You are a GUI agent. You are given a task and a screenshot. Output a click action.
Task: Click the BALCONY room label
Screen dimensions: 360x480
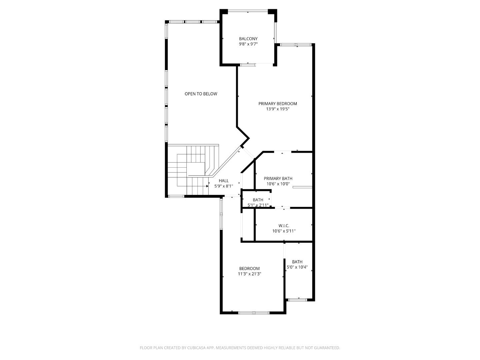click(248, 39)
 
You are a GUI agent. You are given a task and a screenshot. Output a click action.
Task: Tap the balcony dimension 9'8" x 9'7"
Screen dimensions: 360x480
click(248, 44)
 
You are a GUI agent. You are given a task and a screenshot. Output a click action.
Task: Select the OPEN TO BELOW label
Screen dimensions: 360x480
click(201, 94)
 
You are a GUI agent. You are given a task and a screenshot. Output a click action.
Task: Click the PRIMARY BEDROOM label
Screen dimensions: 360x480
click(277, 104)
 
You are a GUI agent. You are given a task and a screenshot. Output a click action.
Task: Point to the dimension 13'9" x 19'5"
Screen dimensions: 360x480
click(277, 109)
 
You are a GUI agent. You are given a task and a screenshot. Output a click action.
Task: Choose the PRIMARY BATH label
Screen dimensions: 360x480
click(278, 179)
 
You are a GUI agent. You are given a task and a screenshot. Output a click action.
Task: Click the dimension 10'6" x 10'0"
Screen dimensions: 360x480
click(278, 184)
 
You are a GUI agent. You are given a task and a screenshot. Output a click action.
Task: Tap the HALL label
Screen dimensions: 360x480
click(224, 181)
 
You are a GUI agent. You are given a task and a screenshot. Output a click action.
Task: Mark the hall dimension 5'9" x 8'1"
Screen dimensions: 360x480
click(224, 186)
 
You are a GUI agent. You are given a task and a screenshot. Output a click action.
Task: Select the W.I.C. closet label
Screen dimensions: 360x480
click(284, 226)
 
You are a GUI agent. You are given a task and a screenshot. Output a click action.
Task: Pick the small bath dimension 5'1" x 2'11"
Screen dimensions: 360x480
click(258, 205)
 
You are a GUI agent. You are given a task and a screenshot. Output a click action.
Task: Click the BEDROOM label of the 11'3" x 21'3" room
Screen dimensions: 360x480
click(249, 269)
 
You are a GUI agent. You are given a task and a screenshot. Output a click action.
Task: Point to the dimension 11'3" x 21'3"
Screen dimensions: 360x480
click(249, 274)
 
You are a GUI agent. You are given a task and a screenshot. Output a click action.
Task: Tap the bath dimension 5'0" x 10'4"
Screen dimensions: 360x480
click(297, 267)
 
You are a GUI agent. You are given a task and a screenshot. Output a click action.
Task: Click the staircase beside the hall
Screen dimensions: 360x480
click(192, 170)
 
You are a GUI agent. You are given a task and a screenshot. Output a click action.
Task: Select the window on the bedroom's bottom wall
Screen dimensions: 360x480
click(254, 313)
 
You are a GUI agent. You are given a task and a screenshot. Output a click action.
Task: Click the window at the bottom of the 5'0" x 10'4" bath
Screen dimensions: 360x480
click(297, 300)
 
